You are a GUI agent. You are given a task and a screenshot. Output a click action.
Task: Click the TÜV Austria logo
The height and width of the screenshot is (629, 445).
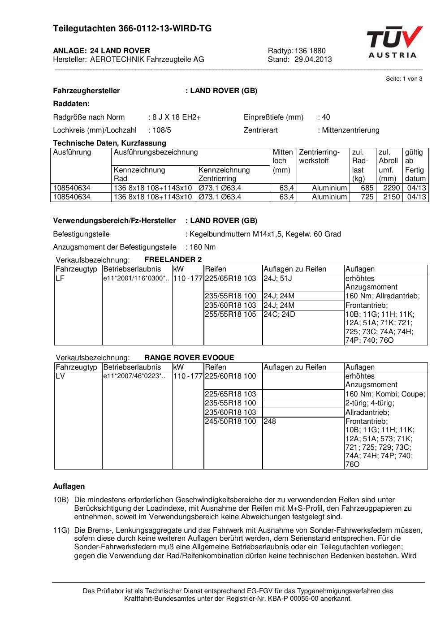pyautogui.click(x=395, y=42)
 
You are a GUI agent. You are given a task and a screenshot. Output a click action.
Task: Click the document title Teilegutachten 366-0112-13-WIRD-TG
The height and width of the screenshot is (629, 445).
pyautogui.click(x=132, y=29)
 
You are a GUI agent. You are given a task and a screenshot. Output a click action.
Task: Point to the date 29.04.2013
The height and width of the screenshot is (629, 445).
pyautogui.click(x=313, y=59)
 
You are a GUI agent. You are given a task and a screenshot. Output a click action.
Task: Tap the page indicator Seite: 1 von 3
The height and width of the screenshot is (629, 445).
pyautogui.click(x=404, y=79)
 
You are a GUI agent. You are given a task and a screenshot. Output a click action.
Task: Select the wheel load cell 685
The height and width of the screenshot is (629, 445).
pyautogui.click(x=367, y=188)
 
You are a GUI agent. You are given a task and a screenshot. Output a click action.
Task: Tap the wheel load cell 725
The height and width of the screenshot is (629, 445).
pyautogui.click(x=367, y=197)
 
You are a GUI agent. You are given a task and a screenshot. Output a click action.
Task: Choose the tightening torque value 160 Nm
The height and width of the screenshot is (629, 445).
pyautogui.click(x=203, y=247)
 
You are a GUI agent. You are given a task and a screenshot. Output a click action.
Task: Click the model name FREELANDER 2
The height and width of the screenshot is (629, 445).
pyautogui.click(x=173, y=259)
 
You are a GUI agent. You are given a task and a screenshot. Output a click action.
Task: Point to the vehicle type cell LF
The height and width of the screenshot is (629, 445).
pyautogui.click(x=60, y=278)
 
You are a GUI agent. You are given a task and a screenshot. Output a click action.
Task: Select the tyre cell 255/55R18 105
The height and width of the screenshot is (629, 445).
pyautogui.click(x=230, y=314)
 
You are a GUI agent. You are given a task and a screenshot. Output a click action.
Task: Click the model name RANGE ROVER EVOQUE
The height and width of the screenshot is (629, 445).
pyautogui.click(x=189, y=358)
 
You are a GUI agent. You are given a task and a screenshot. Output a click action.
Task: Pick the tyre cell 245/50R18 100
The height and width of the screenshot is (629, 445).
pyautogui.click(x=230, y=421)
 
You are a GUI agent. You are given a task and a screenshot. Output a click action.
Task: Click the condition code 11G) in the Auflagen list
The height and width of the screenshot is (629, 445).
pyautogui.click(x=61, y=530)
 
